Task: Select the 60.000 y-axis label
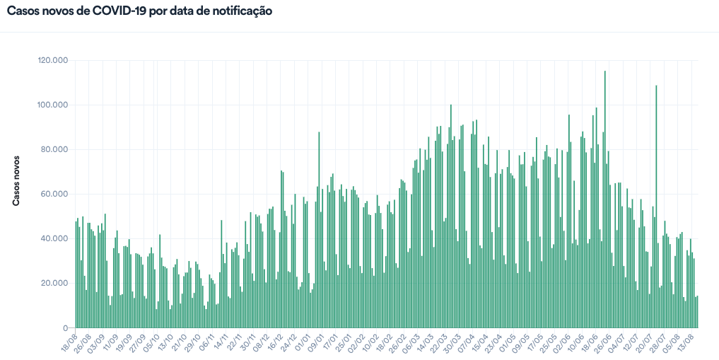54,194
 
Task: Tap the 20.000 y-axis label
54,284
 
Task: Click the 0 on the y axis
64,328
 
